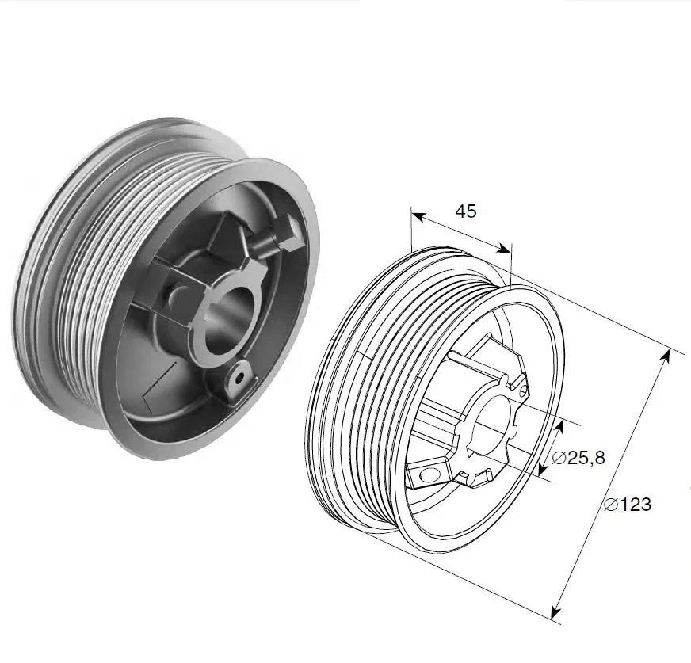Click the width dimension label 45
point(466,211)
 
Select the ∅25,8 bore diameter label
point(578,458)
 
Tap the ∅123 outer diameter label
point(628,504)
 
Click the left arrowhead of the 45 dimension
point(418,216)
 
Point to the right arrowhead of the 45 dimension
point(503,249)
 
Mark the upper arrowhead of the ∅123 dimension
point(666,356)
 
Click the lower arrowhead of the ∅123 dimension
point(556,612)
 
